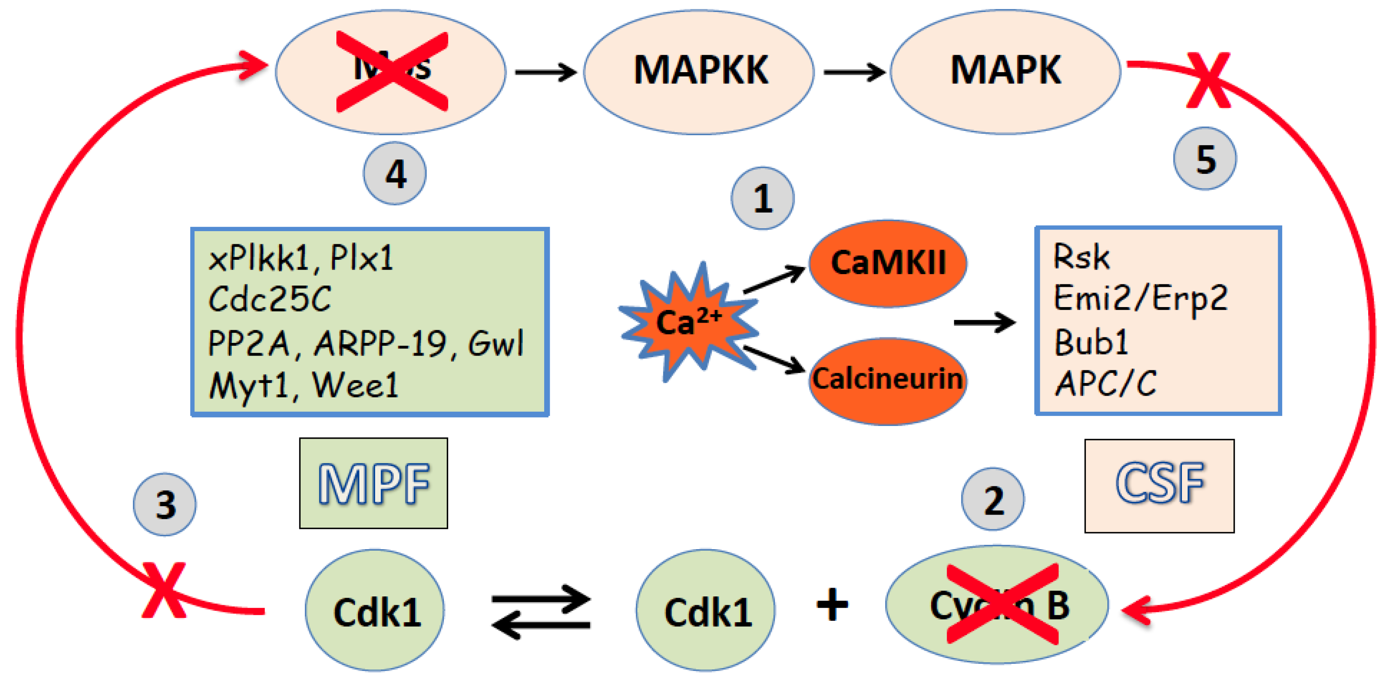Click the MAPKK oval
click(x=698, y=71)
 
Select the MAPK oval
click(x=1005, y=71)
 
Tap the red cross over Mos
click(x=392, y=71)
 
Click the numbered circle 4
click(x=395, y=173)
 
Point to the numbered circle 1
click(x=763, y=198)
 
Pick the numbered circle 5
click(x=1205, y=159)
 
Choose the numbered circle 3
click(x=165, y=504)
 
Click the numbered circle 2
click(x=993, y=499)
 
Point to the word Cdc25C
click(x=269, y=299)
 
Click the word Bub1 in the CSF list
click(x=1091, y=342)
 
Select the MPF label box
click(x=373, y=483)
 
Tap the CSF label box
click(x=1159, y=485)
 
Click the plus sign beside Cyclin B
click(x=832, y=604)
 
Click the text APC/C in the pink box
click(x=1106, y=383)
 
